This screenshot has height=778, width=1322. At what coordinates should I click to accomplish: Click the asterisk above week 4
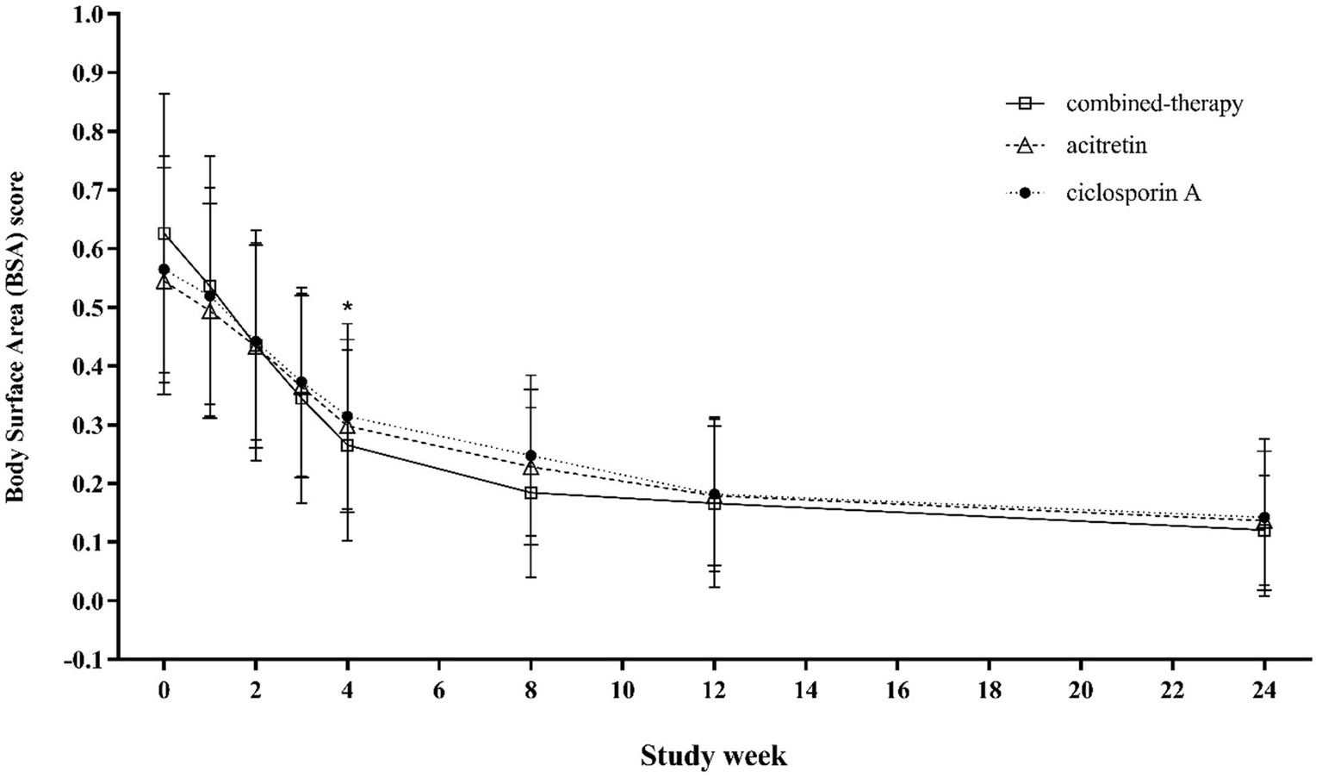(x=347, y=308)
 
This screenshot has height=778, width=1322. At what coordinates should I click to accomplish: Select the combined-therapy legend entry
(x=1154, y=104)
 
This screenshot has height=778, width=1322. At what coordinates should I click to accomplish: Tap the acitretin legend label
(x=1106, y=146)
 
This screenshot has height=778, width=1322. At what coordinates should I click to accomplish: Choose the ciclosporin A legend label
(x=1133, y=193)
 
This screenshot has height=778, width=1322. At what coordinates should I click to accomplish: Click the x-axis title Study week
(x=713, y=756)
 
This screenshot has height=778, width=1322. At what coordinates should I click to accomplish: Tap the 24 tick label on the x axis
(x=1263, y=690)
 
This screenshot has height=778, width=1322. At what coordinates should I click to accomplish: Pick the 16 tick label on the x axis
(x=897, y=690)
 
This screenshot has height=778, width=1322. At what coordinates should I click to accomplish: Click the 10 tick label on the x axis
(x=622, y=690)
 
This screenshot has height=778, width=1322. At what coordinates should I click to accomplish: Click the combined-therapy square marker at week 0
(x=164, y=233)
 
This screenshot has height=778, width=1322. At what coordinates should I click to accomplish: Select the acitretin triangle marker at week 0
(x=164, y=282)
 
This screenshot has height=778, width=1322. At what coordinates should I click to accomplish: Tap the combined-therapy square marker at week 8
(x=531, y=493)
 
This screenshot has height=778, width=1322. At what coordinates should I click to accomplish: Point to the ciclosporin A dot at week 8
(x=531, y=455)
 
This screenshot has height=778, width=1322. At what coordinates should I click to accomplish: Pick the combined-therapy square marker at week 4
(x=347, y=445)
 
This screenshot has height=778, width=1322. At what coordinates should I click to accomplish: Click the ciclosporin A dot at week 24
(x=1263, y=518)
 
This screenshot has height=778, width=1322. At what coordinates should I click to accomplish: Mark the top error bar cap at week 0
(x=164, y=93)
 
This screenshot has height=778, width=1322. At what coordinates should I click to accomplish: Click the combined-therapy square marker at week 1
(x=209, y=286)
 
